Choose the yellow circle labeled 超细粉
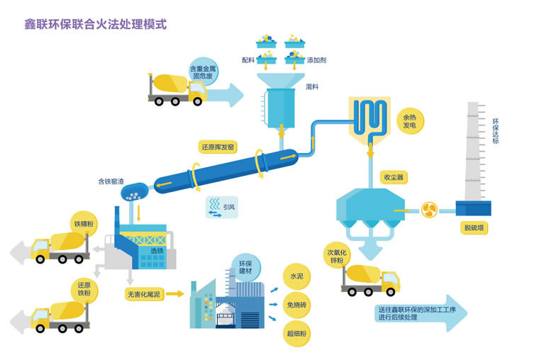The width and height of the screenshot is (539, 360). [296, 333]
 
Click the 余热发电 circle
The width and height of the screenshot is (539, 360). [409, 120]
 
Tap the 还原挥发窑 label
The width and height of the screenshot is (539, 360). [217, 147]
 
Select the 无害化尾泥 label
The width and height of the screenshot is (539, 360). [143, 293]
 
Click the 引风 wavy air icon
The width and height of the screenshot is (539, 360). [213, 206]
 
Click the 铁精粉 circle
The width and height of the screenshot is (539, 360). [83, 225]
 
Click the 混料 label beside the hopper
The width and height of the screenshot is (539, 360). [311, 86]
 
